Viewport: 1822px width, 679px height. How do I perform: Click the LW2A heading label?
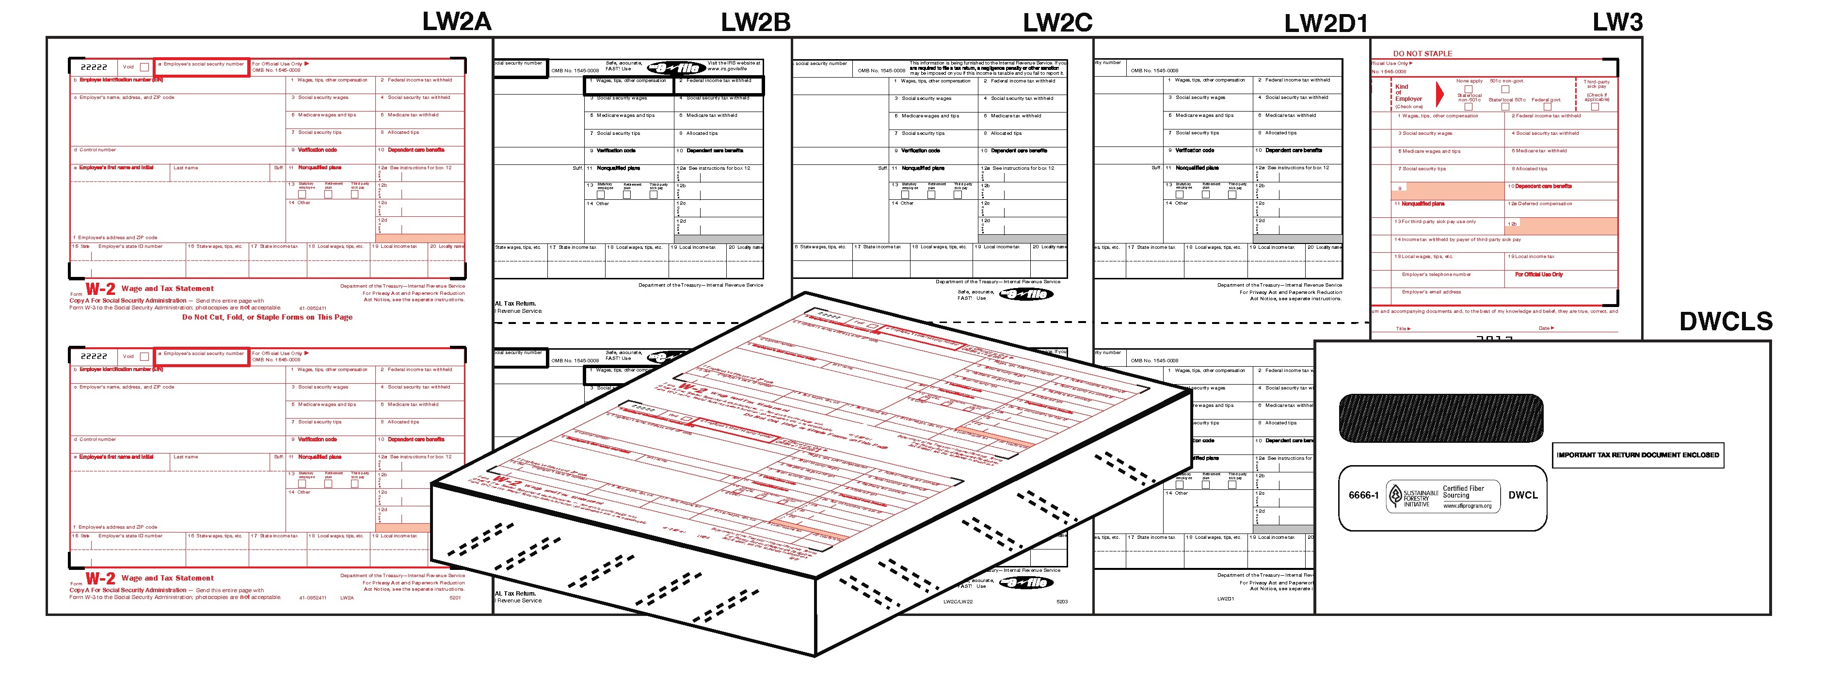click(x=456, y=22)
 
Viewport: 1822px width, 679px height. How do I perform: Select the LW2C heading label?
click(x=1057, y=23)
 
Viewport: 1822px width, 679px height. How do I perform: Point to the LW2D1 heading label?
click(x=1326, y=23)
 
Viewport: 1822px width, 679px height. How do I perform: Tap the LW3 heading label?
click(x=1617, y=22)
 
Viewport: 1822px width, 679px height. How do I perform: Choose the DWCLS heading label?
click(x=1726, y=322)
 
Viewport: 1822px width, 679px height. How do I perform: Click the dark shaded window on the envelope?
click(x=1441, y=418)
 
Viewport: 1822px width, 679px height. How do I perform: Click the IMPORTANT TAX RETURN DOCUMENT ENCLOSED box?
click(x=1637, y=455)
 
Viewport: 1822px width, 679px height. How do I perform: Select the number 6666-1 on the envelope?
click(x=1363, y=496)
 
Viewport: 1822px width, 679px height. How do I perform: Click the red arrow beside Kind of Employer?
click(x=1439, y=94)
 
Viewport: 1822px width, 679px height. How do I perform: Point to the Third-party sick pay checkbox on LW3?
click(x=1595, y=107)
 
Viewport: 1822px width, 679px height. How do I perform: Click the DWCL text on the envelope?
click(x=1523, y=496)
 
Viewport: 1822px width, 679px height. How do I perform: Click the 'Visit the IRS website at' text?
click(x=734, y=64)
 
